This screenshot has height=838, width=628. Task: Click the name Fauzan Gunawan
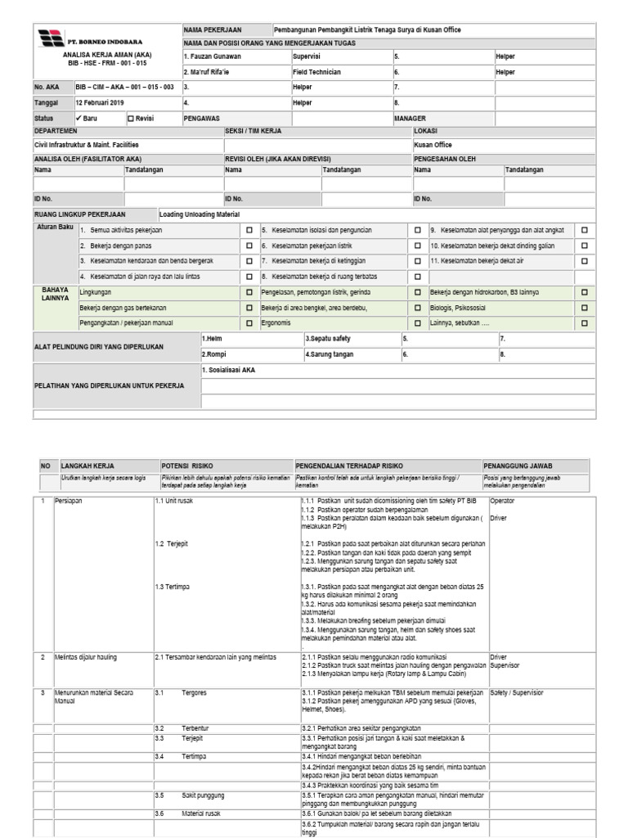[x=212, y=56]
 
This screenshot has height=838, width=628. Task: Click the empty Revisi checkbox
[x=131, y=118]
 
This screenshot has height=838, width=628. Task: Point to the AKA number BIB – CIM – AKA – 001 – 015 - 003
[x=124, y=86]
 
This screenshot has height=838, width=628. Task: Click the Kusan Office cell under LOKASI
[x=433, y=144]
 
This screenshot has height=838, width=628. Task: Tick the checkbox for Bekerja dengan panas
[x=249, y=246]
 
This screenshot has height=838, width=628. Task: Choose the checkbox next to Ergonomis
[x=249, y=323]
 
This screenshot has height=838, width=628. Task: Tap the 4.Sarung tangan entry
[x=330, y=354]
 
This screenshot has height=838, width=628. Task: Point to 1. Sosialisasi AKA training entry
[x=228, y=370]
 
